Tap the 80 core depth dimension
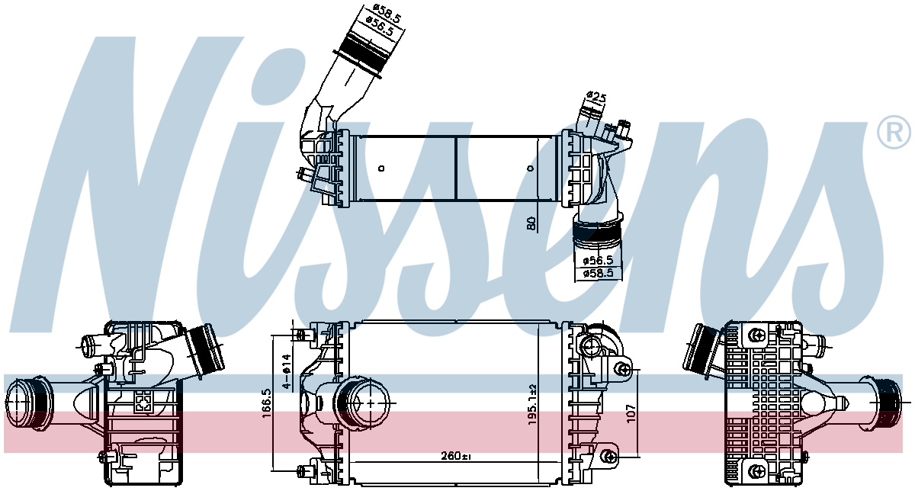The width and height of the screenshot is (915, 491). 531,224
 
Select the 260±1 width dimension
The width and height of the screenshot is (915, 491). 456,455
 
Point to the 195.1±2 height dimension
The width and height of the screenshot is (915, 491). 532,404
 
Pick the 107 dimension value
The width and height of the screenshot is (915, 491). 631,413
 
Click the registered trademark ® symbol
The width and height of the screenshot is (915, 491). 894,132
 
